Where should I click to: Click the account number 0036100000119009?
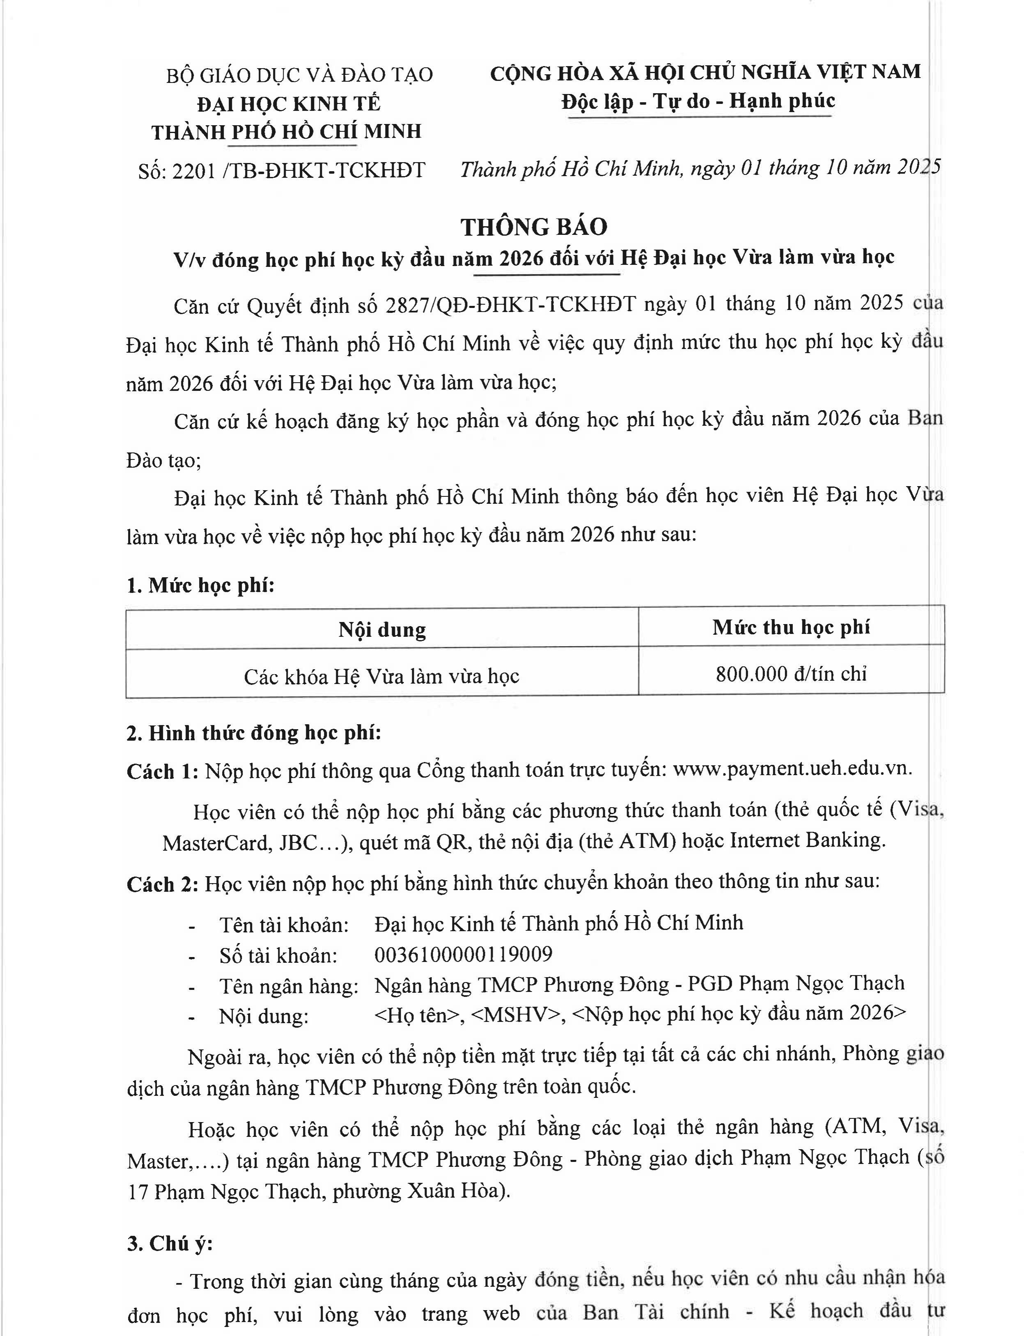point(463,954)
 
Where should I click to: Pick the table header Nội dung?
point(382,629)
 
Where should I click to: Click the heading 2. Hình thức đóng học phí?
point(254,732)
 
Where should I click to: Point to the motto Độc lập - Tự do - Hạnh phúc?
point(698,101)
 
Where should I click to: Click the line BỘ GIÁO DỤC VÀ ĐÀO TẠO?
point(299,75)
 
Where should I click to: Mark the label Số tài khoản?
point(278,955)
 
